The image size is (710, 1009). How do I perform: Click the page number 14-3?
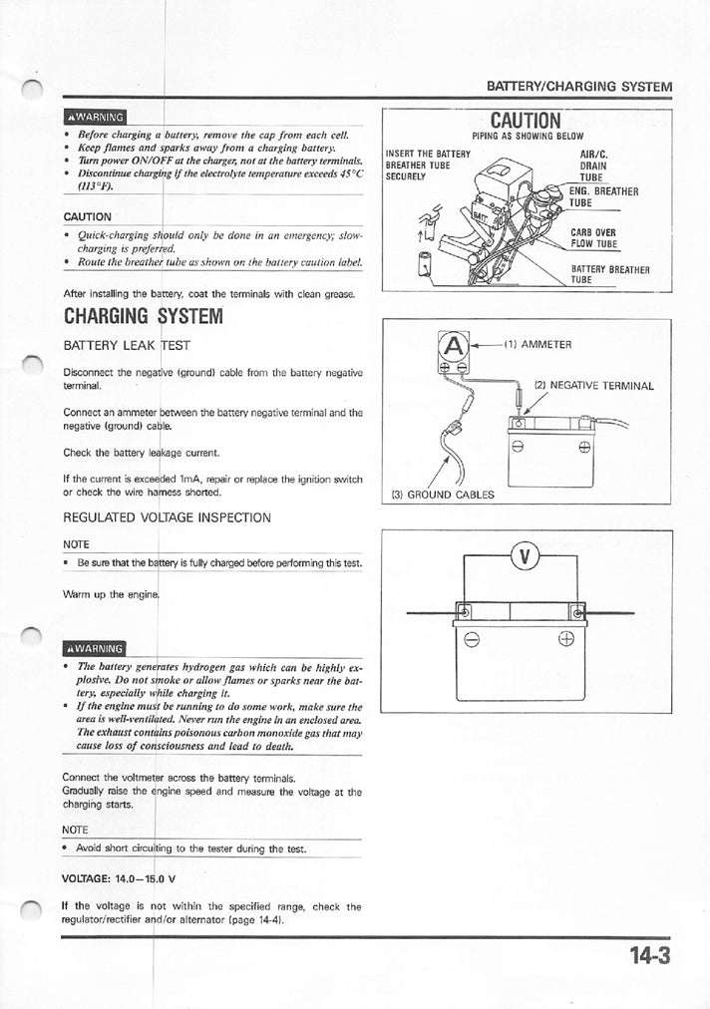pyautogui.click(x=649, y=956)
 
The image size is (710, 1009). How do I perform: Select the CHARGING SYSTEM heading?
pyautogui.click(x=141, y=317)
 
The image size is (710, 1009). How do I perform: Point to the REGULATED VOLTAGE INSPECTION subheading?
pyautogui.click(x=167, y=517)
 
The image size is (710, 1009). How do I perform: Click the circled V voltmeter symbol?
pyautogui.click(x=525, y=555)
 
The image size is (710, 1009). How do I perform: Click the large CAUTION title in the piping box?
pyautogui.click(x=528, y=121)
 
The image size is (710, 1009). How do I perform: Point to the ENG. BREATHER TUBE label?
pyautogui.click(x=602, y=196)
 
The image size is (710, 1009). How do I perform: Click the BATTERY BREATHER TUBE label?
pyautogui.click(x=609, y=274)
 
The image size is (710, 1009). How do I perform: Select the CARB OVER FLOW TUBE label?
pyautogui.click(x=594, y=238)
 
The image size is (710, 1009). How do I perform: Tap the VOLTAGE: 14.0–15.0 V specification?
pyautogui.click(x=119, y=878)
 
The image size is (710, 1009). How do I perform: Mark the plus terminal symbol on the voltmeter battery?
pyautogui.click(x=594, y=641)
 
